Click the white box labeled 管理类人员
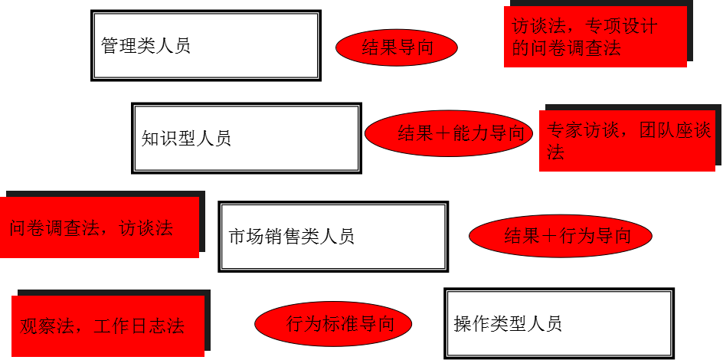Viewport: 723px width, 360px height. click(x=205, y=45)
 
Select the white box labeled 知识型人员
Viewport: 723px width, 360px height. click(x=246, y=138)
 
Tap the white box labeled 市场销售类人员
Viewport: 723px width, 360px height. click(x=333, y=236)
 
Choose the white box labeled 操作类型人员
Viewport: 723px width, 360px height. click(x=559, y=322)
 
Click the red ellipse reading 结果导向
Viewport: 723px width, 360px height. click(x=397, y=47)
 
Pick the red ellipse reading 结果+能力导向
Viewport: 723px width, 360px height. click(x=449, y=133)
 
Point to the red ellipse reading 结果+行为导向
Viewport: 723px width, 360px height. click(x=560, y=235)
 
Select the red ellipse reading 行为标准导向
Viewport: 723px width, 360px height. click(x=333, y=322)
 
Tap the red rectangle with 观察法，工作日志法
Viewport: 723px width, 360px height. click(x=108, y=326)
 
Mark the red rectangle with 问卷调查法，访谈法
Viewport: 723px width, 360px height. click(x=99, y=227)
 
